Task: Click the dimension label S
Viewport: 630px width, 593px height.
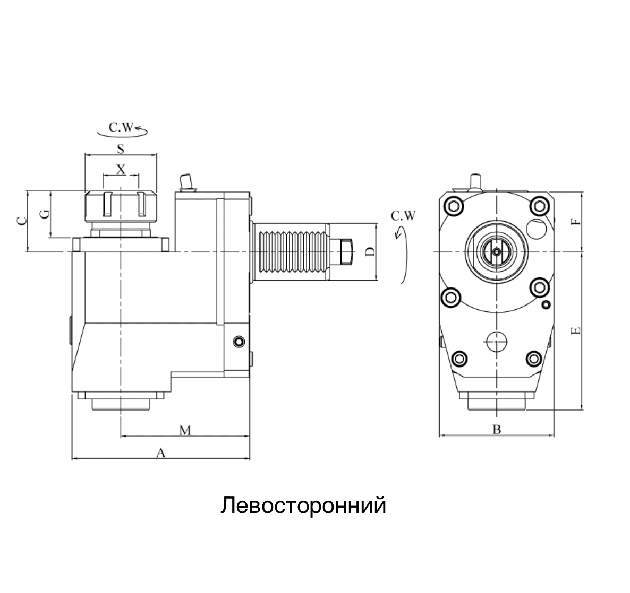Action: click(121, 149)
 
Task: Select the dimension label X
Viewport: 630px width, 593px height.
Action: click(121, 169)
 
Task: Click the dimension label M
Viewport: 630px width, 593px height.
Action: click(184, 430)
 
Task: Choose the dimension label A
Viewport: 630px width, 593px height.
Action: click(160, 452)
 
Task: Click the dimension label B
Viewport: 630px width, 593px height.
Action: click(497, 429)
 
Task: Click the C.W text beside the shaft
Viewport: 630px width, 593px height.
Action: click(403, 216)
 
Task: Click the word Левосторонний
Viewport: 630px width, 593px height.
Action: click(303, 505)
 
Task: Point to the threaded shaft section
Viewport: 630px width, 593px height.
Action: click(291, 251)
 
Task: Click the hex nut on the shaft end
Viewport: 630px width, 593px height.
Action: click(346, 251)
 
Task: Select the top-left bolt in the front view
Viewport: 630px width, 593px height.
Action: click(454, 206)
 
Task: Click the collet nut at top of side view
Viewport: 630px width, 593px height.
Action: click(121, 206)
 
